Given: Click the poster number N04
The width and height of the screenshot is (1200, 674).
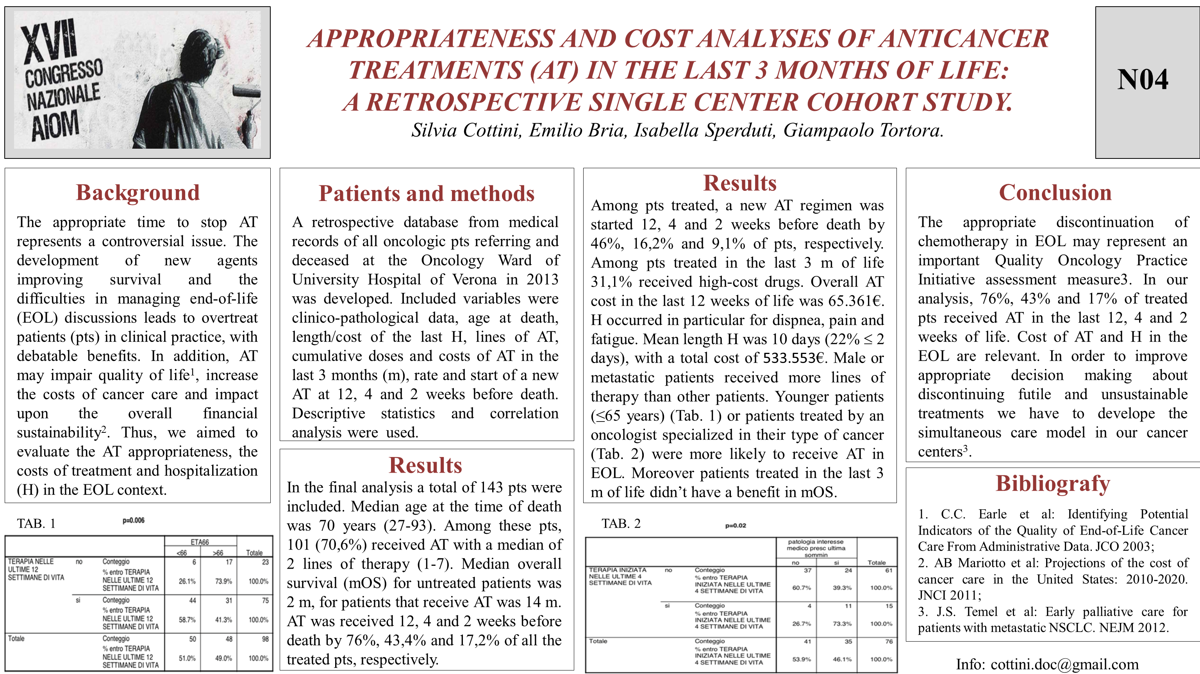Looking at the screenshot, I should pyautogui.click(x=1142, y=80).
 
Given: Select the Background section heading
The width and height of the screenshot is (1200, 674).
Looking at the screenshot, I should pyautogui.click(x=138, y=193).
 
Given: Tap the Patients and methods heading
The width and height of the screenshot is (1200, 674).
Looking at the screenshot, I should pyautogui.click(x=426, y=194).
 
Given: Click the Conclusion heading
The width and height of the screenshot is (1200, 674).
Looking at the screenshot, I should pyautogui.click(x=1055, y=193).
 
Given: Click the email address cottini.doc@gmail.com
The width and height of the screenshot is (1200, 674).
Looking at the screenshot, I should pyautogui.click(x=1064, y=664).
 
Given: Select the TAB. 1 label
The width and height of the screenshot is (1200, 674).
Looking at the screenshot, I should pyautogui.click(x=36, y=524).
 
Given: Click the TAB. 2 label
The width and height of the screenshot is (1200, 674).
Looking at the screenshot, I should pyautogui.click(x=621, y=524).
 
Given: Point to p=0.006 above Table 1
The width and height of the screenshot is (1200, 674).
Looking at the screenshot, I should pyautogui.click(x=134, y=520).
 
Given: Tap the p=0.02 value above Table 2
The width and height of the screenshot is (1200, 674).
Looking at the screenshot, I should pyautogui.click(x=736, y=526).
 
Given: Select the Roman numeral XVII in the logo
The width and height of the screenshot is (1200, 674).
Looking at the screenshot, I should pyautogui.click(x=49, y=41).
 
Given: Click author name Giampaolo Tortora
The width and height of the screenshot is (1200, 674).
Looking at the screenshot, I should pyautogui.click(x=863, y=130).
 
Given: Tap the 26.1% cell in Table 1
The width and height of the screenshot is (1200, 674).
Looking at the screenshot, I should pyautogui.click(x=187, y=582).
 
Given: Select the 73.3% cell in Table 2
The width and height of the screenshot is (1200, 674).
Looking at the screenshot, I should pyautogui.click(x=842, y=624).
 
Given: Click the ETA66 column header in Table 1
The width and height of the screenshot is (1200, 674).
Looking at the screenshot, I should pyautogui.click(x=200, y=542).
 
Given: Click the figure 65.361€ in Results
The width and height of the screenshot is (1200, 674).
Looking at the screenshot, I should pyautogui.click(x=856, y=301).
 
